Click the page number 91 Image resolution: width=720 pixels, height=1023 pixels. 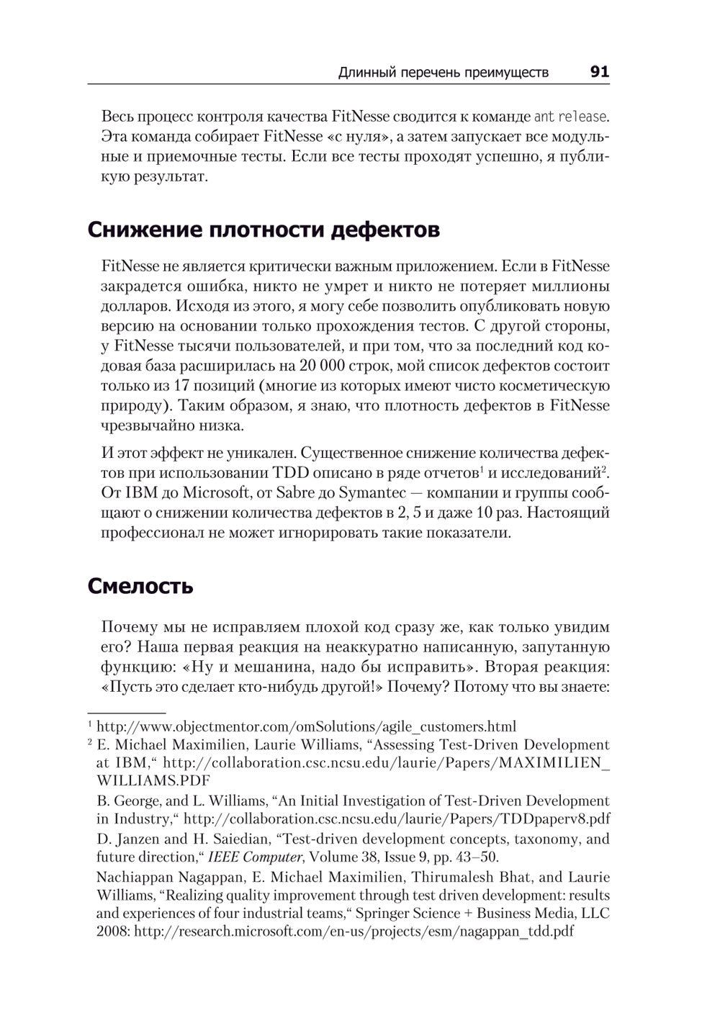point(599,71)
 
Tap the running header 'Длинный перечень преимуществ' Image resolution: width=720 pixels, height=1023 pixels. point(443,72)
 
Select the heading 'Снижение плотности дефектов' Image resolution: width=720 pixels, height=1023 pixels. point(264,230)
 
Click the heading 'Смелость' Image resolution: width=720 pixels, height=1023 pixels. point(140,586)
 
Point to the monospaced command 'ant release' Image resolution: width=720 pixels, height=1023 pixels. point(570,116)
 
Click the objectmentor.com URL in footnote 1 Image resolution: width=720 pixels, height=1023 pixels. point(306,726)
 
